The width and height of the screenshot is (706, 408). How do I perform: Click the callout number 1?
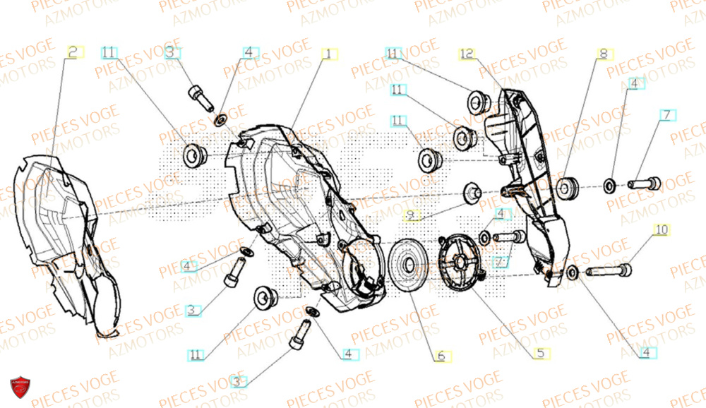tap(327, 54)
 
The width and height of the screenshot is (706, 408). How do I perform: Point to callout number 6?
tap(440, 356)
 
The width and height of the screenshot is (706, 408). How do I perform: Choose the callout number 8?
tap(603, 54)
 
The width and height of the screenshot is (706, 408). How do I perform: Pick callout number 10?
tap(661, 230)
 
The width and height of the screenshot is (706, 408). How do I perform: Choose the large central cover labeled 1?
tap(297, 212)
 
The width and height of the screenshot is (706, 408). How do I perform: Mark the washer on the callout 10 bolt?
tap(573, 272)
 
